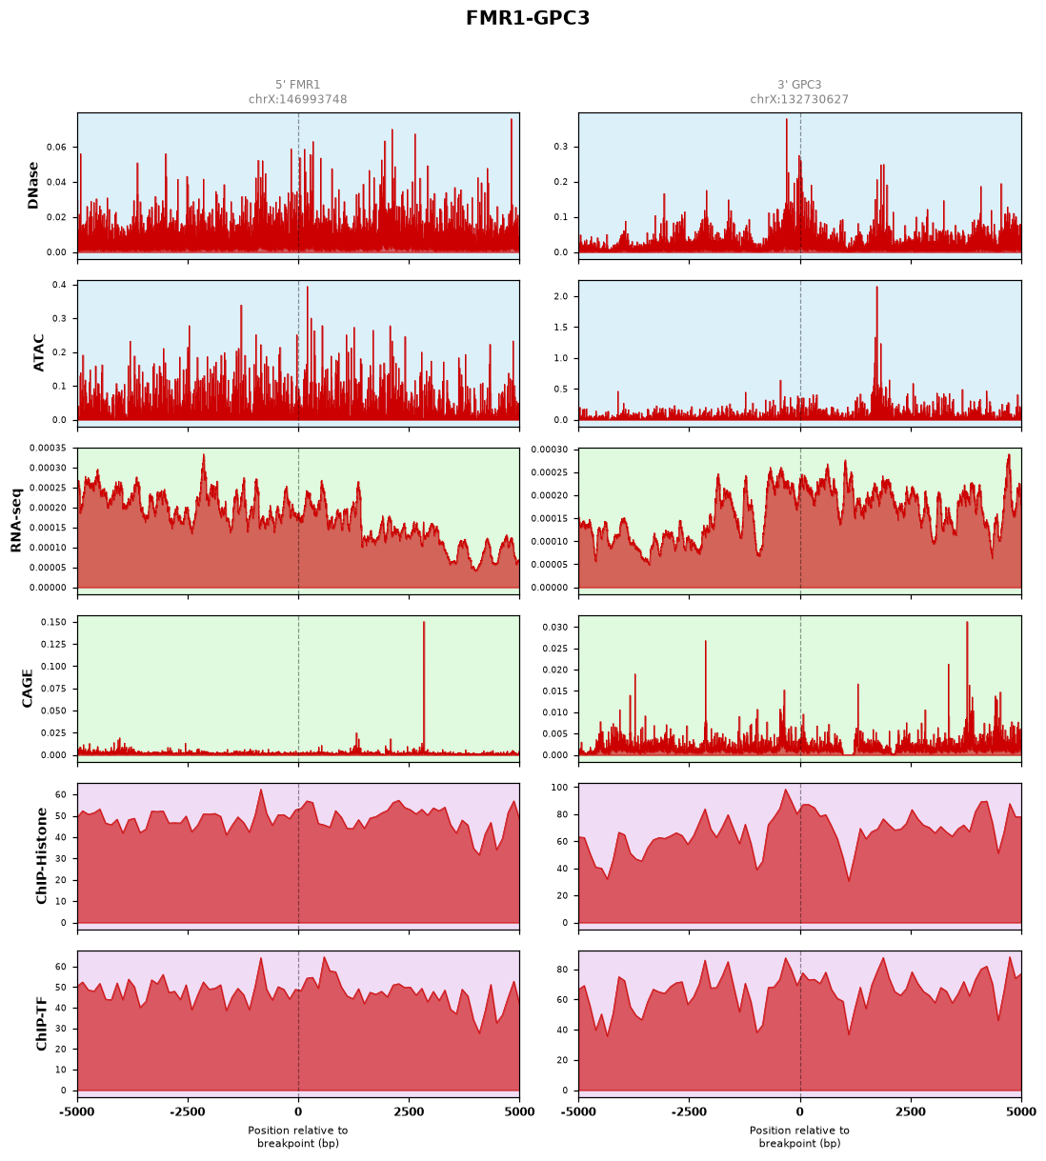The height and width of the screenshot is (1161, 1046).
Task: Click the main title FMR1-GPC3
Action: pyautogui.click(x=527, y=18)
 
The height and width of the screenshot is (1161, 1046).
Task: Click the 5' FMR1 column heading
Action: pyautogui.click(x=297, y=85)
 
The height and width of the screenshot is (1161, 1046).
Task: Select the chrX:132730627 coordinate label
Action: pyautogui.click(x=799, y=99)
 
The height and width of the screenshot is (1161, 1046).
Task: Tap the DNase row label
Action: pyautogui.click(x=33, y=185)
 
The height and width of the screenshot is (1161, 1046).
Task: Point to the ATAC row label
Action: pyautogui.click(x=38, y=352)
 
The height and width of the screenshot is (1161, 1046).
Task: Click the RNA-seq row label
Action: pyautogui.click(x=15, y=520)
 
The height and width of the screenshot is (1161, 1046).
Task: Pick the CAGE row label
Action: pyautogui.click(x=28, y=689)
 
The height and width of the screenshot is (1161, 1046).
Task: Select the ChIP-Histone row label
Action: pyautogui.click(x=41, y=855)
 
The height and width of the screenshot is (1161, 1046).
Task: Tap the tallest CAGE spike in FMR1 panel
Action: pyautogui.click(x=424, y=623)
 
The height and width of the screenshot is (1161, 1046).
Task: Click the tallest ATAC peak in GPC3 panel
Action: pyautogui.click(x=876, y=288)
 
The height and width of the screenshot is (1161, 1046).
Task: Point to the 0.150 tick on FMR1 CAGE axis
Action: pyautogui.click(x=54, y=622)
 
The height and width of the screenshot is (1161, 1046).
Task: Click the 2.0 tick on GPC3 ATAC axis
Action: pyautogui.click(x=561, y=296)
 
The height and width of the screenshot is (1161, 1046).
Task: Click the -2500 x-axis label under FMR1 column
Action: pyautogui.click(x=188, y=1111)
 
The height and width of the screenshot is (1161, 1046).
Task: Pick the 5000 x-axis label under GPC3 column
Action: pyautogui.click(x=1021, y=1111)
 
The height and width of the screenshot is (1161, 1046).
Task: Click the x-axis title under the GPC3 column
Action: pyautogui.click(x=799, y=1136)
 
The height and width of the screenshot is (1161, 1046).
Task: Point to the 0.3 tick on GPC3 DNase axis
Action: pyautogui.click(x=561, y=147)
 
